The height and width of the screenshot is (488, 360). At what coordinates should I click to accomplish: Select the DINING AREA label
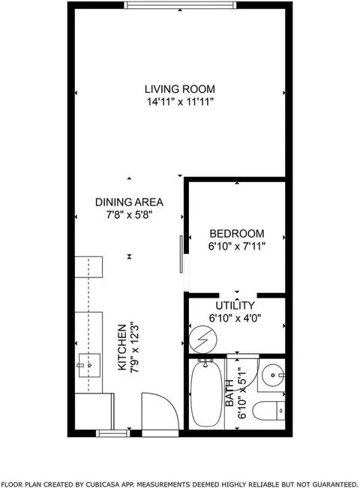coord(129,202)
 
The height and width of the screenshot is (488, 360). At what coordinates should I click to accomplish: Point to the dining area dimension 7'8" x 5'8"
coord(129,214)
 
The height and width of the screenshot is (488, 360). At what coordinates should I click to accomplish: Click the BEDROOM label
coord(235,233)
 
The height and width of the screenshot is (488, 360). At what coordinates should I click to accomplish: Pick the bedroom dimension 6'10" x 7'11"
coord(235,245)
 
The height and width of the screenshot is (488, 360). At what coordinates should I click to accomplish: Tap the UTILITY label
coord(235,306)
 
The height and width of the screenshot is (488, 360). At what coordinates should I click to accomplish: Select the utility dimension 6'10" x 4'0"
coord(235,318)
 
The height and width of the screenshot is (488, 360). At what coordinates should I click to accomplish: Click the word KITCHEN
coord(122,349)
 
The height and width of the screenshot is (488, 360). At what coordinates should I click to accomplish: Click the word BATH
coord(229,393)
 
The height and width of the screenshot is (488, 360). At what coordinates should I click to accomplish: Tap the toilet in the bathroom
coord(268,411)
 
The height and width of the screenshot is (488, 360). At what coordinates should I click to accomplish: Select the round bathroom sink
coord(271,374)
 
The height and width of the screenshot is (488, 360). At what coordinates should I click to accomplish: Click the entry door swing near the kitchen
coord(159,415)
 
